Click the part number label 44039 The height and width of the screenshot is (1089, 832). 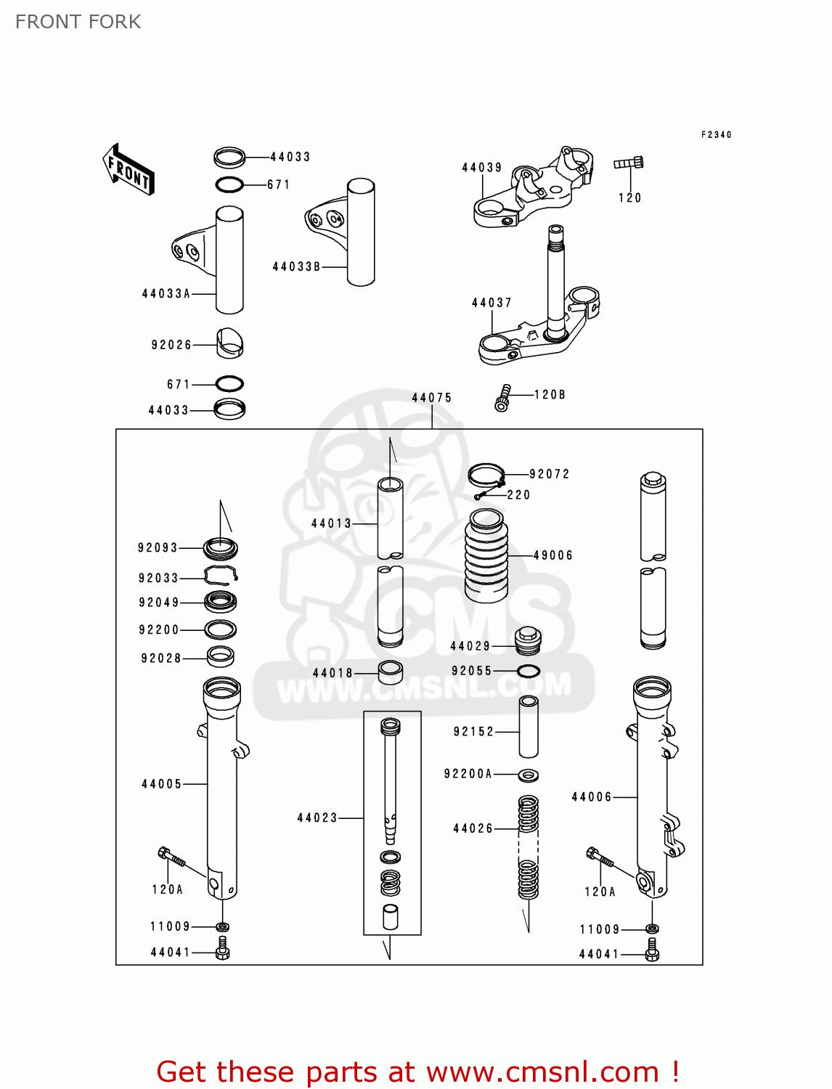[x=482, y=168]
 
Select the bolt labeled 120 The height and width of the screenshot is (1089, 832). [x=629, y=163]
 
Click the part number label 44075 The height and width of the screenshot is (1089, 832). [x=432, y=398]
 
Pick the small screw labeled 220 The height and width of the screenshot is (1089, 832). [x=480, y=497]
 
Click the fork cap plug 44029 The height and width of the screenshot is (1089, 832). [x=528, y=640]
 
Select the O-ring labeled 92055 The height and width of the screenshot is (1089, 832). [x=529, y=672]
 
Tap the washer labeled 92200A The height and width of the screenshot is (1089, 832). [x=529, y=775]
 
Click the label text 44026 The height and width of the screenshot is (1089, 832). [x=473, y=828]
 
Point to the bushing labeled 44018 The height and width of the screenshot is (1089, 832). [x=391, y=672]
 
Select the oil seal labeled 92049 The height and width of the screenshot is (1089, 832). [x=220, y=602]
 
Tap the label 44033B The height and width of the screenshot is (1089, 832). [x=296, y=267]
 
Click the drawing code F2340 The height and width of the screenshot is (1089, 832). [x=716, y=135]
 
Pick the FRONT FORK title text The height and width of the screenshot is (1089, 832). [x=78, y=22]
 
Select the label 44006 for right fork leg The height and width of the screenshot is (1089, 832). [x=592, y=797]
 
